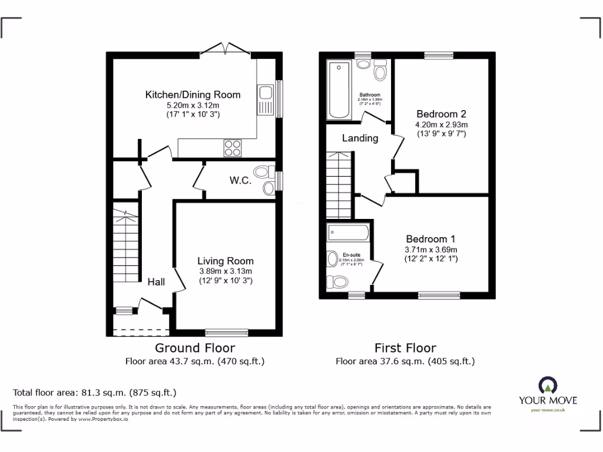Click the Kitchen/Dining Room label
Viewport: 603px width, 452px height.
coord(193,94)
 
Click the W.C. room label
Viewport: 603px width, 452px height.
coord(240,181)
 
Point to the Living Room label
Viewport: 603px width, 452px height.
coord(226,261)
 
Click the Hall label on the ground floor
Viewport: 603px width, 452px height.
coord(156,282)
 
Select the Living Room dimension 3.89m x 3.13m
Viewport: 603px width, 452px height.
coord(226,271)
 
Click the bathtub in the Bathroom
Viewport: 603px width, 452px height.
coord(339,89)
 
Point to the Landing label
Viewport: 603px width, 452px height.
coord(360,138)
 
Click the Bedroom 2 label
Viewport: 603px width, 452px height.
coord(441,114)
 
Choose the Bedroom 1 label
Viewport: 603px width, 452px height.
coord(430,239)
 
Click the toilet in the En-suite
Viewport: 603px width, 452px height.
coord(340,283)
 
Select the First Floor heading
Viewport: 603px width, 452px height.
coord(405,348)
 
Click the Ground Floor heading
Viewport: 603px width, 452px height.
coord(194,348)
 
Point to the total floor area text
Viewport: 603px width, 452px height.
coord(95,392)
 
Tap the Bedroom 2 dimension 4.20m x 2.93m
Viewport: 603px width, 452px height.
coord(441,125)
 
